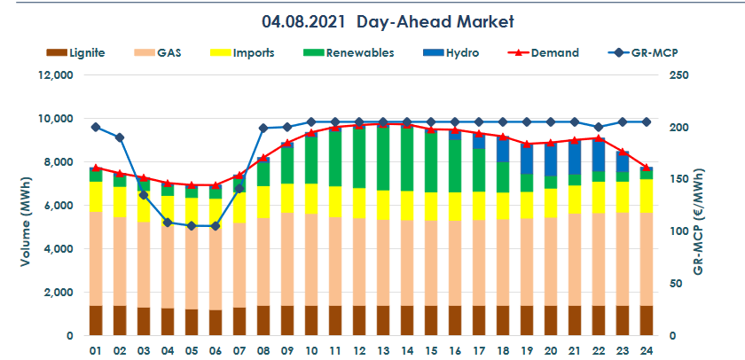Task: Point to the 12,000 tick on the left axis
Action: pyautogui.click(x=54, y=75)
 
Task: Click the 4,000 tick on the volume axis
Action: pyautogui.click(x=58, y=249)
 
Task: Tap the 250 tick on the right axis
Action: pyautogui.click(x=678, y=75)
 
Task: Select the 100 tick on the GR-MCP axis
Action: pyautogui.click(x=678, y=231)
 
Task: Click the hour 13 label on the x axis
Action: pyautogui.click(x=383, y=350)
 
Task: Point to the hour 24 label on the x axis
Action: pyautogui.click(x=646, y=350)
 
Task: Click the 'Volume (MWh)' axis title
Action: pyautogui.click(x=24, y=206)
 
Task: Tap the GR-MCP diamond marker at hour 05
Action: pyautogui.click(x=192, y=226)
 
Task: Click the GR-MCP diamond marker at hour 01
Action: pyautogui.click(x=96, y=128)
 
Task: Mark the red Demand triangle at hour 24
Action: pyautogui.click(x=646, y=168)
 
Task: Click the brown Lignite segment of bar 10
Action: pyautogui.click(x=311, y=320)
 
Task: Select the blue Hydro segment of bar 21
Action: pyautogui.click(x=574, y=157)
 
